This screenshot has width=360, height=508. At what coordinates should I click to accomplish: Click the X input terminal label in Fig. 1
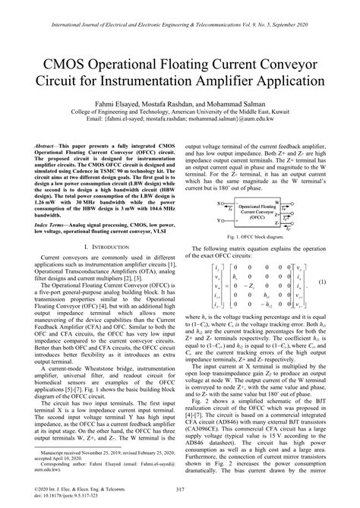tap(219, 203)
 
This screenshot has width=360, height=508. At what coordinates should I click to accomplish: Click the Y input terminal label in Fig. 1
tap(219, 221)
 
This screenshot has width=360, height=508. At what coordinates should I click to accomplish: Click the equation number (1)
tap(343, 282)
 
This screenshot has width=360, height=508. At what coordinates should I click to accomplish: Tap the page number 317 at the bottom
tap(179, 490)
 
